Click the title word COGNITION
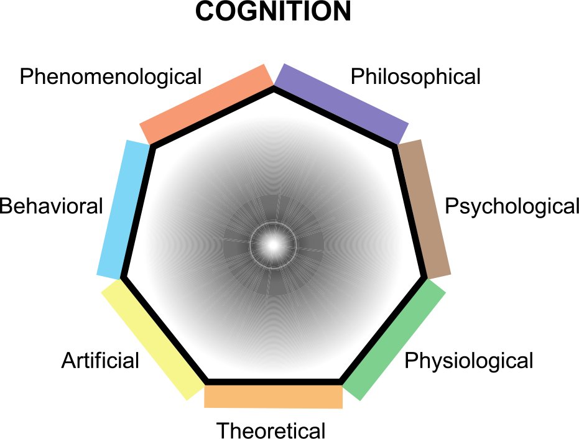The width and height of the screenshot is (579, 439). [x=273, y=11]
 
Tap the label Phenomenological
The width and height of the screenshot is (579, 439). [x=111, y=77]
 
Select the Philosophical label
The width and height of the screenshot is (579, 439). [x=415, y=77]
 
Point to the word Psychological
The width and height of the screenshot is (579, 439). [x=512, y=206]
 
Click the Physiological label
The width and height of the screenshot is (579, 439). [x=469, y=361]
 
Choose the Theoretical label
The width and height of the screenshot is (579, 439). [x=271, y=430]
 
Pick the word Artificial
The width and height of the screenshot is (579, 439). [x=101, y=361]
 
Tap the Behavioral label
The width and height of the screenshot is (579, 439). [x=52, y=206]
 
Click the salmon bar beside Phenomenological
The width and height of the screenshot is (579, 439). [x=206, y=104]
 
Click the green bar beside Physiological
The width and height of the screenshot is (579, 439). [x=394, y=340]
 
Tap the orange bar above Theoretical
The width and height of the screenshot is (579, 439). [x=274, y=397]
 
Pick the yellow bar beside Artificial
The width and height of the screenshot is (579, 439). [x=153, y=340]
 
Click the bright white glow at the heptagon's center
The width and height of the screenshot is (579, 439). [x=273, y=244]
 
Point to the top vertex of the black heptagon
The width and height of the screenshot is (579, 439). [x=274, y=88]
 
